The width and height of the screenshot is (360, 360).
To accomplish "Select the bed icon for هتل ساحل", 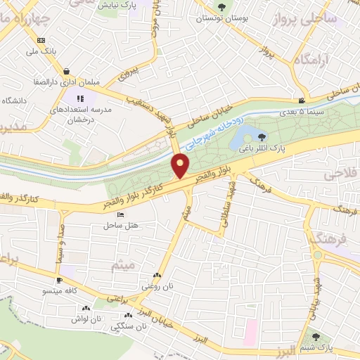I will [120, 214].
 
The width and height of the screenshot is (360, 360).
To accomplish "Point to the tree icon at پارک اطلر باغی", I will [262, 138].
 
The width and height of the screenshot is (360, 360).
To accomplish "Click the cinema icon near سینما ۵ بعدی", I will [301, 101].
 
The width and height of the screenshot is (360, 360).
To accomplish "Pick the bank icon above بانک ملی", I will [41, 40].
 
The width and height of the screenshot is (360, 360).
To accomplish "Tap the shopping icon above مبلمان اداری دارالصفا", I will [66, 71].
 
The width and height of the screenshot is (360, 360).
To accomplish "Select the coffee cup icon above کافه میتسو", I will [60, 280].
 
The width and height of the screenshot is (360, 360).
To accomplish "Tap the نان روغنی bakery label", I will [157, 286].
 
